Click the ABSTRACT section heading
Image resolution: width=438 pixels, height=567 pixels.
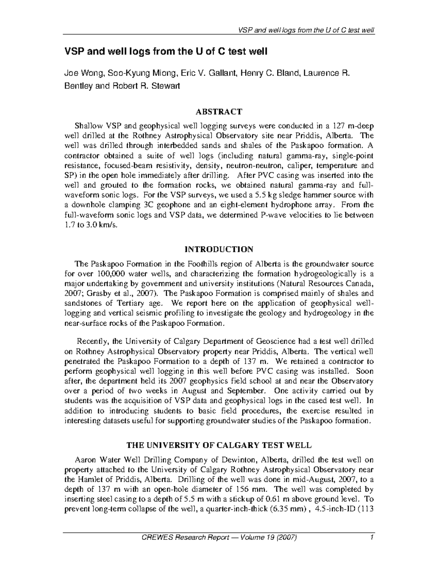tap(219, 111)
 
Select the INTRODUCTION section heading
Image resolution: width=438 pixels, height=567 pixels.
tap(219, 249)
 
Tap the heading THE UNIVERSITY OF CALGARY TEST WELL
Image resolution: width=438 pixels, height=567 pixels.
tap(219, 445)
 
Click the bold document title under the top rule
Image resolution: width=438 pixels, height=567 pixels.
tap(166, 52)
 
